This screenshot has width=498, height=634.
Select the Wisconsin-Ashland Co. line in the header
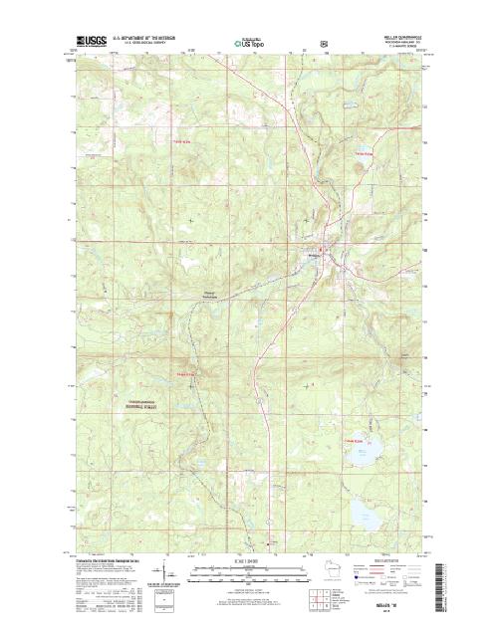coord(402,43)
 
